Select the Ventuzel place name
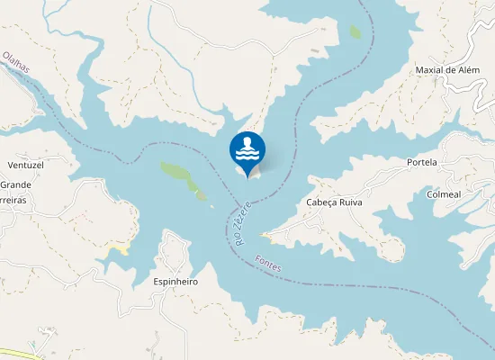pos(25,166)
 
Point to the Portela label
pos(421,162)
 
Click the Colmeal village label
pos(445,193)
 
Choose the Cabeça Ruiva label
pos(334,202)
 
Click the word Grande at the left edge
pos(15,184)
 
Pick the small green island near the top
pos(355,31)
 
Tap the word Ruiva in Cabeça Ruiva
pos(348,202)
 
